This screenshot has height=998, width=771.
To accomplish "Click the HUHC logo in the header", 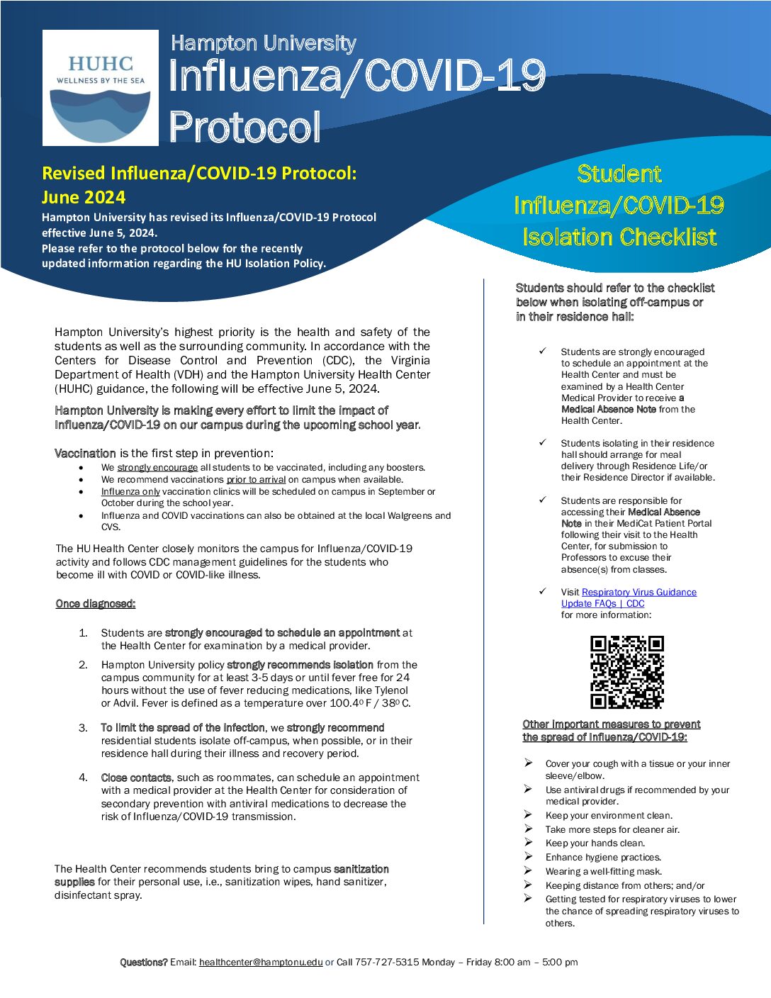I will coord(101,88).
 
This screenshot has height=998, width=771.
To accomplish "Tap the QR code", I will coord(627,672).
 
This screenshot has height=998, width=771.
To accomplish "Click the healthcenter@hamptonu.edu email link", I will coord(261,962).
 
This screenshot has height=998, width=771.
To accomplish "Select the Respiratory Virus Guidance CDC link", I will coord(629,598).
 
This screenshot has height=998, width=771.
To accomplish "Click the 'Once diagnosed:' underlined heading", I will coord(96,604).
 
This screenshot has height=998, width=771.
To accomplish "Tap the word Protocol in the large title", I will coord(244,128).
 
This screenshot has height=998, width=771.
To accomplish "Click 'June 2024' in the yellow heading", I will coord(84,197).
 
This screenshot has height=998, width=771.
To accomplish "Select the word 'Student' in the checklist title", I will coord(619,174).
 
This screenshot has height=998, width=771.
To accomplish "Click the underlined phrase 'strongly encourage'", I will coord(157,468).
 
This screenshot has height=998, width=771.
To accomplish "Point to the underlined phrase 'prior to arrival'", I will coord(256,480).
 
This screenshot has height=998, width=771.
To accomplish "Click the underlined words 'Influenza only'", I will coord(130,492).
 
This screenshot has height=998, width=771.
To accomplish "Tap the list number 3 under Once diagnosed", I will coord(83,728).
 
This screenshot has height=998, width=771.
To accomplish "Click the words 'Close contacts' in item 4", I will coord(136,778).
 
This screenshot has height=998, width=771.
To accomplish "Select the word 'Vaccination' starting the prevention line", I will coord(85,454).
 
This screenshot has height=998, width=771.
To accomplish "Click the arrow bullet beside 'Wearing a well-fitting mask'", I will coord(529,871).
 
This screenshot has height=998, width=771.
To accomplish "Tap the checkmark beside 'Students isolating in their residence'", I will coord(543,442).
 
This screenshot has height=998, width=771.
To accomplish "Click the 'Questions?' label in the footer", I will coord(144,962).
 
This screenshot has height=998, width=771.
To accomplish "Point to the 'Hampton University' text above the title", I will coord(263,43).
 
